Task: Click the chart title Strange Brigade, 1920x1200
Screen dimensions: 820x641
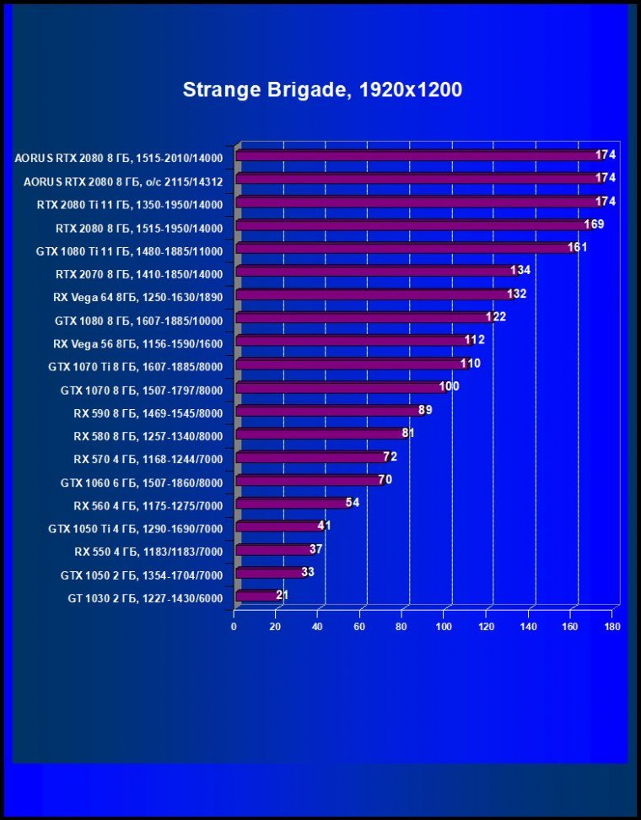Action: tap(322, 90)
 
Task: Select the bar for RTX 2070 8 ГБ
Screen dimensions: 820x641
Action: tap(375, 271)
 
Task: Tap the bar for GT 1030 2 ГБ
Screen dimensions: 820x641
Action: tap(257, 596)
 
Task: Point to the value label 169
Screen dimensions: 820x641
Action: tap(594, 224)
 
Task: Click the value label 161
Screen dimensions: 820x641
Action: tap(577, 247)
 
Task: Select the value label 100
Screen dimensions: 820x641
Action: tap(450, 386)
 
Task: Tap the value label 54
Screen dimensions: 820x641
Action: tap(353, 503)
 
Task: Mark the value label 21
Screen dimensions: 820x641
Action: tap(283, 596)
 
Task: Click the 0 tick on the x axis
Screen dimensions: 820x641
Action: tap(234, 627)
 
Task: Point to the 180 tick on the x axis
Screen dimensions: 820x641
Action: tap(612, 627)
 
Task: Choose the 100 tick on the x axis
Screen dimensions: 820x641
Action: tap(444, 627)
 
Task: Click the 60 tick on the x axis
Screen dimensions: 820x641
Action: tap(360, 627)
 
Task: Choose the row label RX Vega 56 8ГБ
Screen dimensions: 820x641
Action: tap(137, 344)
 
